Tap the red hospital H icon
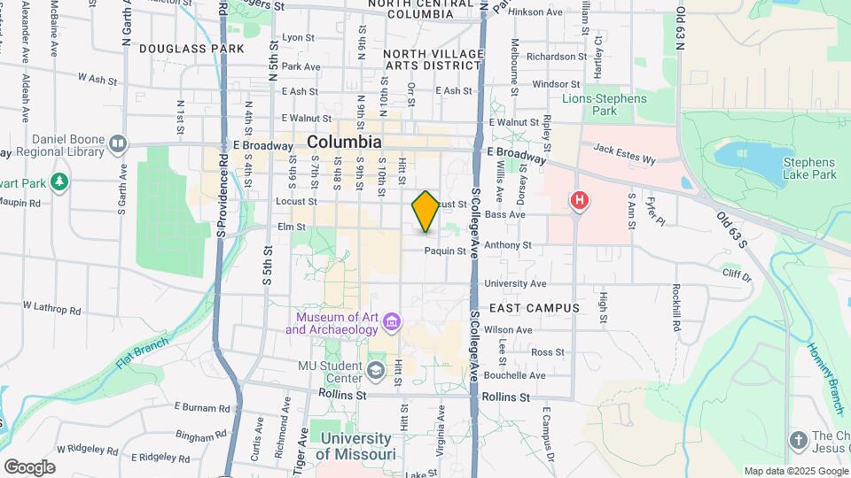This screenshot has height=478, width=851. click(x=580, y=201)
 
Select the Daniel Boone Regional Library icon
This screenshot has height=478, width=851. click(x=118, y=143)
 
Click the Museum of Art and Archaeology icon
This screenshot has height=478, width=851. click(x=392, y=324)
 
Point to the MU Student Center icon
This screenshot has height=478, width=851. click(x=375, y=369)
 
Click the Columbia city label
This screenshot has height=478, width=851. click(x=345, y=142)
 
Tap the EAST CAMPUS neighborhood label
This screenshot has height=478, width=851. click(x=535, y=308)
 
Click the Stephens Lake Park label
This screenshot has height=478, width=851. click(x=809, y=169)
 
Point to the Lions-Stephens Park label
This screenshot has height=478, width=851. click(x=605, y=104)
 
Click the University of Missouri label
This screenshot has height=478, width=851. click(x=356, y=446)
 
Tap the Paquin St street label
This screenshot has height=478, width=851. click(x=445, y=251)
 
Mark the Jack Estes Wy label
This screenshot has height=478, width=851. click(x=624, y=154)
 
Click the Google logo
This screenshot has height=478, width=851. click(x=29, y=467)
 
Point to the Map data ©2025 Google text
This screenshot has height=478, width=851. click(x=795, y=471)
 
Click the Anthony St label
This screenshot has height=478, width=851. click(x=508, y=245)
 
